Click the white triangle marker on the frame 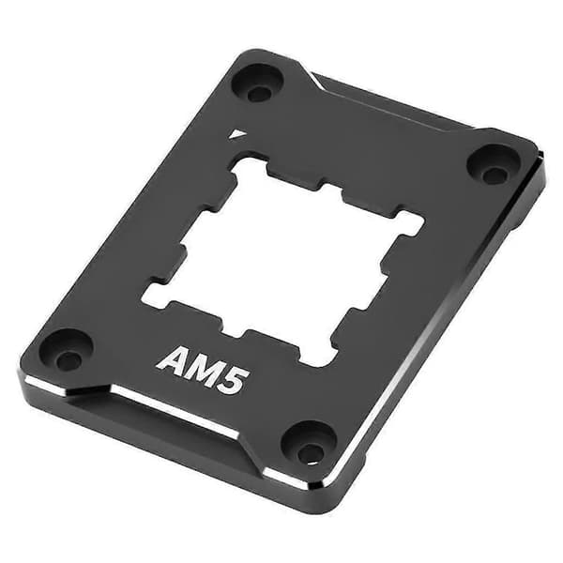236,134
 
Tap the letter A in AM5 172,360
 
